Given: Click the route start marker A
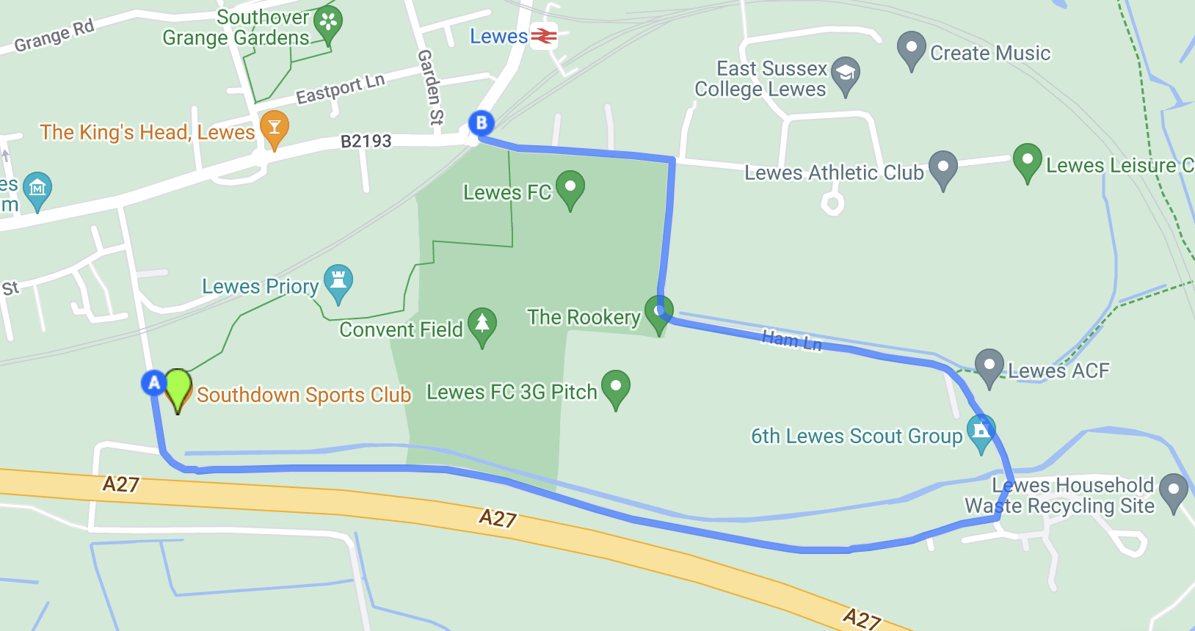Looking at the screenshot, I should tap(154, 382).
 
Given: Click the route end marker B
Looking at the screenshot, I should tap(482, 123).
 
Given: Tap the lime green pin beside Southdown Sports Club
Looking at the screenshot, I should tap(178, 387).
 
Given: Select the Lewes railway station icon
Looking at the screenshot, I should tap(543, 35).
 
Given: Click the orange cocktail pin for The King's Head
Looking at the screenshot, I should tap(274, 128).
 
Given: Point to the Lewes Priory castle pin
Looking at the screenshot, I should tap(338, 282).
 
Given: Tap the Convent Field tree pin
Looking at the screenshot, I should tap(482, 325).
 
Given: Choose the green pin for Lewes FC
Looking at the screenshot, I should tap(570, 188).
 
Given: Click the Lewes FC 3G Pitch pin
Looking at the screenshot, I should tap(615, 387).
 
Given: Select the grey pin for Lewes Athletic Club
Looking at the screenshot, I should tap(942, 168).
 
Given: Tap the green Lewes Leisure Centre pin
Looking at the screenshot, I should tap(1027, 161).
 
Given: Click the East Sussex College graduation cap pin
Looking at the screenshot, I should tap(846, 74).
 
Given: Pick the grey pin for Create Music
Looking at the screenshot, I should tap(911, 49).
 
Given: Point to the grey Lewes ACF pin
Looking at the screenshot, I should tap(989, 366).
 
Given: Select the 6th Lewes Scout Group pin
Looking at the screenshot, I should tap(981, 431).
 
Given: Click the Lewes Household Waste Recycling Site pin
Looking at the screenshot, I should tap(1173, 491).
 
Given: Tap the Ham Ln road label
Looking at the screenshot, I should tap(791, 340).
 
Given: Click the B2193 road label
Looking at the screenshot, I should tap(366, 141).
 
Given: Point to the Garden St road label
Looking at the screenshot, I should tap(430, 87).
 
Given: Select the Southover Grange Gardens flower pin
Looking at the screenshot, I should tap(327, 23).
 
